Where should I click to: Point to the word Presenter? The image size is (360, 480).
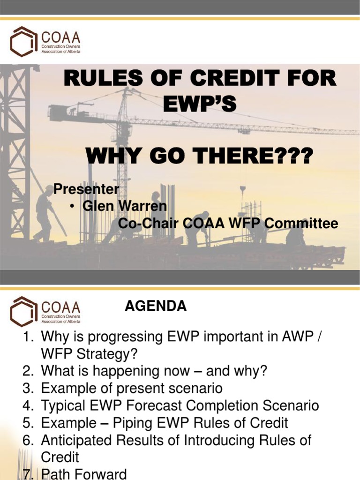(x=86, y=189)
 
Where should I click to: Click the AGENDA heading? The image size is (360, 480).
(x=156, y=307)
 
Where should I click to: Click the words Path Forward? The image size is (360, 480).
(x=84, y=474)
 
